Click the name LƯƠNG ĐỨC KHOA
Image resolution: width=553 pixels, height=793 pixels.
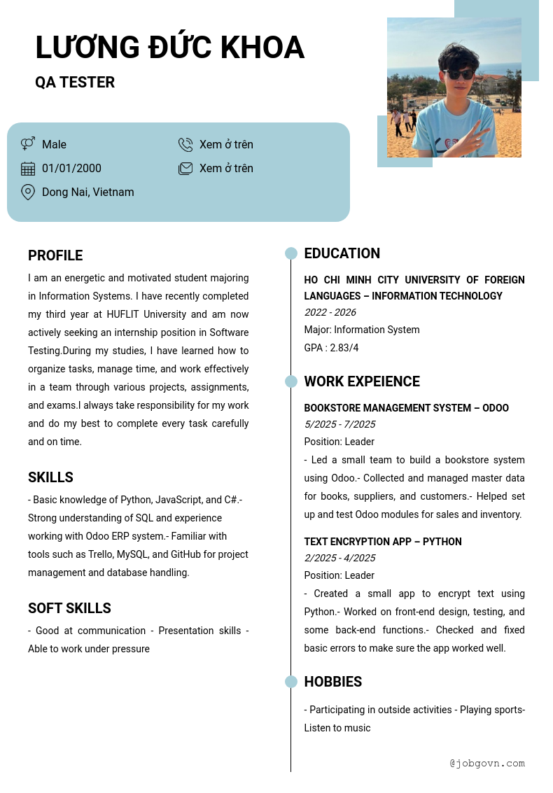point(169,48)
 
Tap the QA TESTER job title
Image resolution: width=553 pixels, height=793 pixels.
point(75,83)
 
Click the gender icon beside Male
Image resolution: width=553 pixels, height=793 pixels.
point(28,144)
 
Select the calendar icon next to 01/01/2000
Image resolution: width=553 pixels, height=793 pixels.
point(28,169)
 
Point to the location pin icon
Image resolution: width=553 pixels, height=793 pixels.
point(28,192)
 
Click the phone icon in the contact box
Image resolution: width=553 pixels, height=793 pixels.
point(185,145)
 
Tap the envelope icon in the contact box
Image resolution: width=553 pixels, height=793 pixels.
point(185,169)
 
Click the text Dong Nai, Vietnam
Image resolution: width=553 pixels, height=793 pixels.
point(87,192)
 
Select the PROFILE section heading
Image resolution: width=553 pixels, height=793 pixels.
point(55,255)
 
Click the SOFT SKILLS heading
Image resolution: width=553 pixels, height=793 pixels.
point(69,608)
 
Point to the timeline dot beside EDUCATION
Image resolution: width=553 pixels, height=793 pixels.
point(291,253)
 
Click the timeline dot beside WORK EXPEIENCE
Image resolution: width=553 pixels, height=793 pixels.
point(291,381)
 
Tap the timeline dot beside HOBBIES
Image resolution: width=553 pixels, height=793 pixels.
point(291,682)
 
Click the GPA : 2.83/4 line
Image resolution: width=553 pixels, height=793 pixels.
point(331,348)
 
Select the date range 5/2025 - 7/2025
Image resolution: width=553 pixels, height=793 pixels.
point(339,424)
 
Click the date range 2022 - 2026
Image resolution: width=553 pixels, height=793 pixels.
point(330,312)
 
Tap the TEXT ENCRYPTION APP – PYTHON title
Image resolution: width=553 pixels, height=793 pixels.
point(383,542)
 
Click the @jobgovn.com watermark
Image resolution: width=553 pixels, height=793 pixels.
point(487,763)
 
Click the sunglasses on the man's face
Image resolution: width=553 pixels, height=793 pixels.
point(458,74)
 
